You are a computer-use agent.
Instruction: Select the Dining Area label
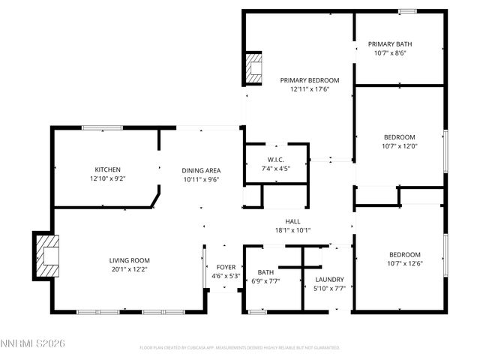[201, 169]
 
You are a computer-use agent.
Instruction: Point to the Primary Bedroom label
[310, 80]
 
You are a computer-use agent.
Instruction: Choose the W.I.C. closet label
[274, 160]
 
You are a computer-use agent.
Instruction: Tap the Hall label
[292, 221]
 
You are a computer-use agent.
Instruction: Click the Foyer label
[226, 267]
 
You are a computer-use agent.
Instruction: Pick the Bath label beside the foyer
[265, 272]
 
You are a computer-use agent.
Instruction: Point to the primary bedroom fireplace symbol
[254, 69]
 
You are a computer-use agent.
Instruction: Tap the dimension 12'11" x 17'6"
[310, 89]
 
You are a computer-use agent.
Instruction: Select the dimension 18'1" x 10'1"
[292, 230]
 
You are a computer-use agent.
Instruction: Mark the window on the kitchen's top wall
[103, 128]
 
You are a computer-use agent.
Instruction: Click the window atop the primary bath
[407, 11]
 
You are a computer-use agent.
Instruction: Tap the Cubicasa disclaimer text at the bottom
[240, 348]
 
